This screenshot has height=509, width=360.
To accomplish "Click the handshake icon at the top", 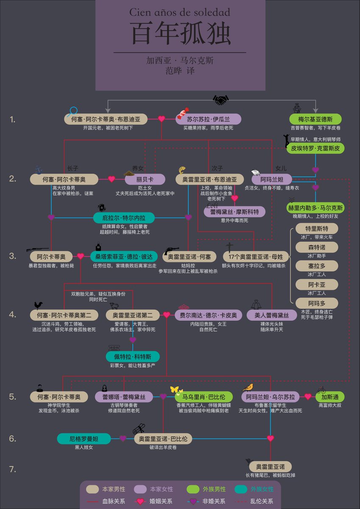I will [220, 100].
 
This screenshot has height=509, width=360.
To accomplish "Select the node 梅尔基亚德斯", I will [315, 119].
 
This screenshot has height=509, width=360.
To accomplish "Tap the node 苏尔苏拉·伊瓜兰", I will [208, 119].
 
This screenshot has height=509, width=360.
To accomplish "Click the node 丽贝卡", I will [145, 179].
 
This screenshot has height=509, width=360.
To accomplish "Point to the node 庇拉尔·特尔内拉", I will [123, 218].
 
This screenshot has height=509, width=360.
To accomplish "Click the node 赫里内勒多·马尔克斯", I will [315, 208].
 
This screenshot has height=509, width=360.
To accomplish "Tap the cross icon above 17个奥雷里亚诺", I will [229, 247].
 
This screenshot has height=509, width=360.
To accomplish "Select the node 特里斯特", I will [317, 229].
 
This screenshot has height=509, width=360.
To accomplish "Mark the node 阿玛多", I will [317, 303].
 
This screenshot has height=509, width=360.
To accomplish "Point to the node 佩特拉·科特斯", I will [133, 356].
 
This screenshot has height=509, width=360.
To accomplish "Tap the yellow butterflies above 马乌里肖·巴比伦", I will [176, 389].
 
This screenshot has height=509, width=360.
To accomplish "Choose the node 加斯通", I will [329, 397].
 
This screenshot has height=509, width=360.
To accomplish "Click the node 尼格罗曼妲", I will [84, 439].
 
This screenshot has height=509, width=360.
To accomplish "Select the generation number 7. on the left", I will [13, 469].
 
